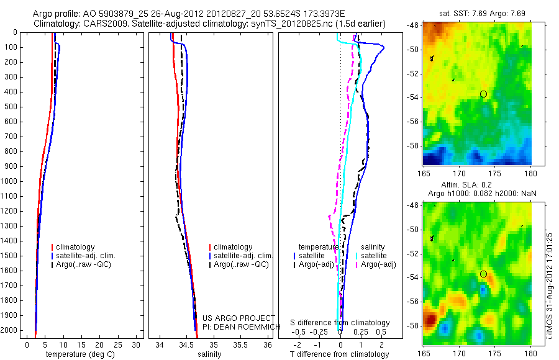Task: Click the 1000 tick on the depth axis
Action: [11, 182]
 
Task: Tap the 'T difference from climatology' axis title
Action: [339, 354]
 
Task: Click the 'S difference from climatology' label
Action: [340, 323]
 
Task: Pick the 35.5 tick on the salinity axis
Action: [241, 344]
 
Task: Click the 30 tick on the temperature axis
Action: [137, 344]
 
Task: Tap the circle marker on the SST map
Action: [483, 94]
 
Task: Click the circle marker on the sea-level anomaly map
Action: [483, 274]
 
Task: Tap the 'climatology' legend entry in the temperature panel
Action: [76, 247]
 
